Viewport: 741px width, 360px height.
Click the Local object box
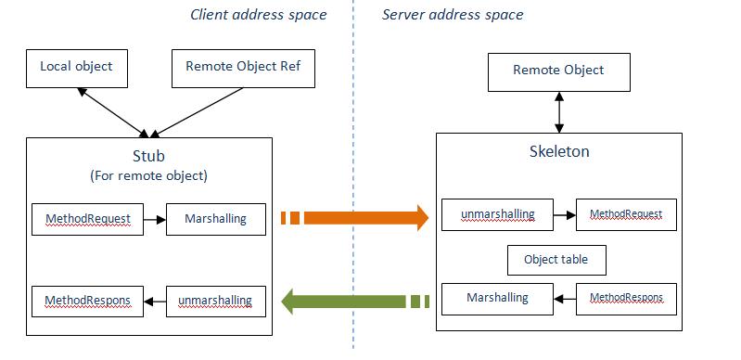[76, 67]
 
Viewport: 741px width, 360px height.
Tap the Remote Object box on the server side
[558, 71]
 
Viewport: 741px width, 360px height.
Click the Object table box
[556, 260]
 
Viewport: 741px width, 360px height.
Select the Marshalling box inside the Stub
[215, 219]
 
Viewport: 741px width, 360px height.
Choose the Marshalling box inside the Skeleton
[497, 298]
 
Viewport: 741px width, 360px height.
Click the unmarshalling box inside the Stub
[215, 301]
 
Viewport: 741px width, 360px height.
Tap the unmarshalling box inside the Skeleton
[497, 214]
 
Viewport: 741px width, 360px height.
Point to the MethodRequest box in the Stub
[88, 219]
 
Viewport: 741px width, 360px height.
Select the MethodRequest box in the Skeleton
[626, 214]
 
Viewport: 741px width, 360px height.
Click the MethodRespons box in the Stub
[88, 301]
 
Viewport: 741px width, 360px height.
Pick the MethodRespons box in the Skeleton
[626, 298]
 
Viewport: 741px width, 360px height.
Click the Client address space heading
[258, 15]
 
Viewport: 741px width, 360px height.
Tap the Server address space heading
[453, 15]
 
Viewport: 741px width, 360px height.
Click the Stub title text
[149, 156]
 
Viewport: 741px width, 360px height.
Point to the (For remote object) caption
[149, 175]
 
